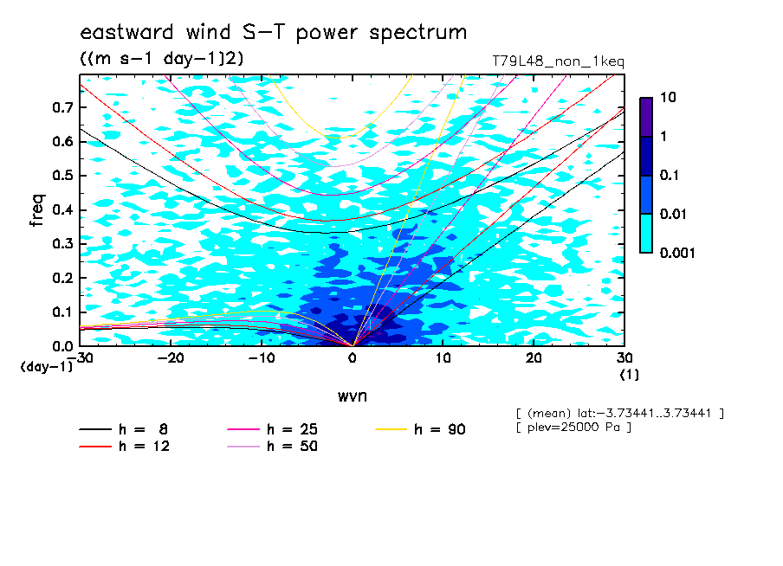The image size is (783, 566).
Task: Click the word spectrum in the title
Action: pyautogui.click(x=418, y=33)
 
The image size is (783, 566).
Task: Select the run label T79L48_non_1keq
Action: pyautogui.click(x=559, y=62)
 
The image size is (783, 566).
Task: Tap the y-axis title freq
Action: pyautogui.click(x=37, y=210)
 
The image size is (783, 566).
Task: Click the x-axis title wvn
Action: pyautogui.click(x=353, y=396)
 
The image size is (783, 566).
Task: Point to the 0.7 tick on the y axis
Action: pyautogui.click(x=62, y=107)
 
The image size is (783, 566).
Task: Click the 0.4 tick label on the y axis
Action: pyautogui.click(x=62, y=209)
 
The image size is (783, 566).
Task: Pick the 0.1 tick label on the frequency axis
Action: pyautogui.click(x=62, y=312)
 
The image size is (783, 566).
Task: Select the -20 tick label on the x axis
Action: pyautogui.click(x=171, y=358)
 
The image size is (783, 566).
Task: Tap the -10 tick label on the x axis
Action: pyautogui.click(x=262, y=358)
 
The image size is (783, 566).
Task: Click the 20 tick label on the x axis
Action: pyautogui.click(x=534, y=358)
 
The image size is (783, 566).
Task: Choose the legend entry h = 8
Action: pyautogui.click(x=123, y=429)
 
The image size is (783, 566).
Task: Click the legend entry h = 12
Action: pyautogui.click(x=125, y=446)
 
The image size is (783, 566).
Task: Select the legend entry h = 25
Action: pyautogui.click(x=272, y=429)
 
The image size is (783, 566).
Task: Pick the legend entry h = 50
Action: pyautogui.click(x=272, y=446)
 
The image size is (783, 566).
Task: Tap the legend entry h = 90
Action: pyautogui.click(x=420, y=429)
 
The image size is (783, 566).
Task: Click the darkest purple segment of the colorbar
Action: pyautogui.click(x=646, y=117)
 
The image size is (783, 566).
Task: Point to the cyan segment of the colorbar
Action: pyautogui.click(x=646, y=233)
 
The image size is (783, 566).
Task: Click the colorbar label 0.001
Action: pyautogui.click(x=677, y=253)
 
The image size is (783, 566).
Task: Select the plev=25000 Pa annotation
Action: pyautogui.click(x=573, y=428)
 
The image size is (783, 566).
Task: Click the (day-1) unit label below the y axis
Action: pyautogui.click(x=46, y=367)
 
